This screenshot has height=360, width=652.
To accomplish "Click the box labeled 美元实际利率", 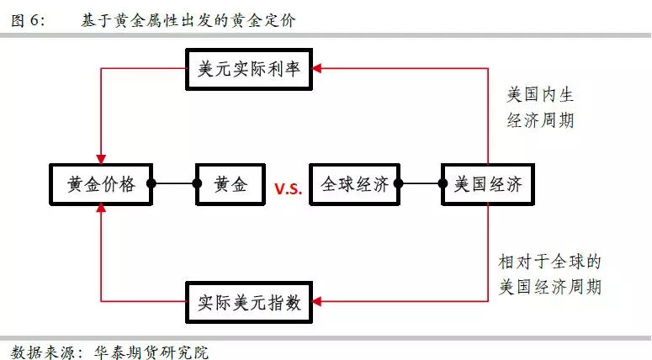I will [254, 70].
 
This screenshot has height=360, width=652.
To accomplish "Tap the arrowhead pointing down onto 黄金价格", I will [100, 157].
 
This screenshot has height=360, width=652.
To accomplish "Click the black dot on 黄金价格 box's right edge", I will [151, 183].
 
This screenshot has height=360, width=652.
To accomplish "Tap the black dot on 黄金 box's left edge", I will [199, 183].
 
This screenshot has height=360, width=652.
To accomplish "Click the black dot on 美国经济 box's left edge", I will [443, 183].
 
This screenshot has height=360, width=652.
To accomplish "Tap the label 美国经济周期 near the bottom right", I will [550, 287].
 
